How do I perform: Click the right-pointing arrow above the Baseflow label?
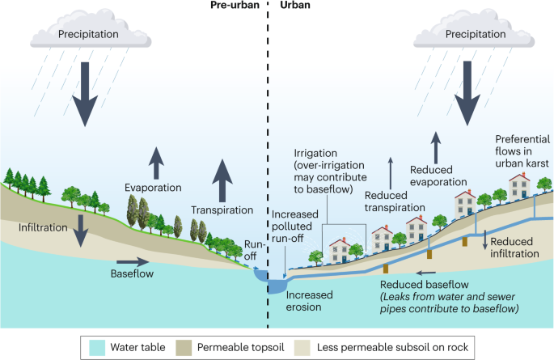pos(133,261)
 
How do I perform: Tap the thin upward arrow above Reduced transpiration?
pos(391,172)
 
